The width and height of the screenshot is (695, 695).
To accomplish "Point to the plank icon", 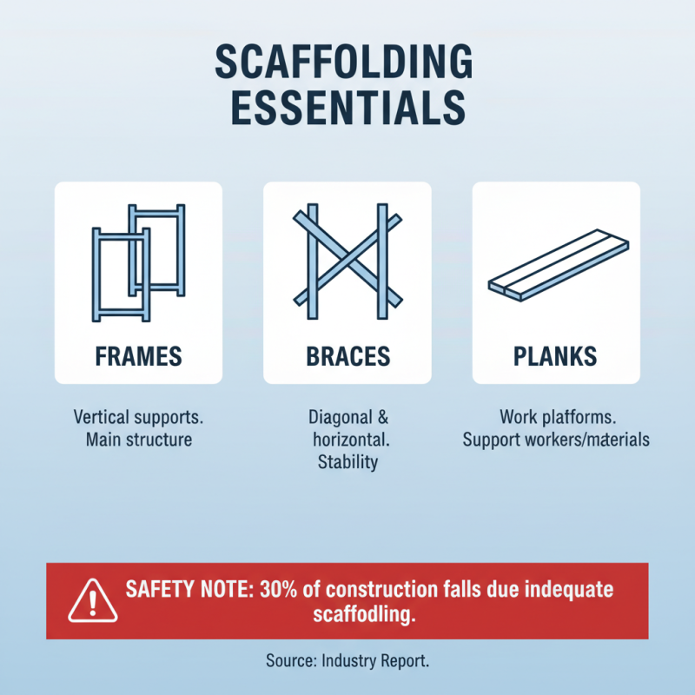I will (555, 265).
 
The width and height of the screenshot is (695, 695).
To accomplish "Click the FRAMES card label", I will (138, 355).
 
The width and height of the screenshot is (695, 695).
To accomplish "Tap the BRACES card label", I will (347, 355).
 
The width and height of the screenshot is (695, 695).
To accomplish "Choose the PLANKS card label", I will (555, 355).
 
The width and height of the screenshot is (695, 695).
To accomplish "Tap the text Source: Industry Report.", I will (347, 660).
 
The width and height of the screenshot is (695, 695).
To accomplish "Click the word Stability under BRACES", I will (347, 462).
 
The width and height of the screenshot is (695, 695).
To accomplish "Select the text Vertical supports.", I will (139, 416).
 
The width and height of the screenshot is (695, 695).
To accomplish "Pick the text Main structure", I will (139, 440).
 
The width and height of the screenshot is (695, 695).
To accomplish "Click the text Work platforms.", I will (555, 416).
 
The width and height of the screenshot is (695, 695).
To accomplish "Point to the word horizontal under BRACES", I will (350, 440).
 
